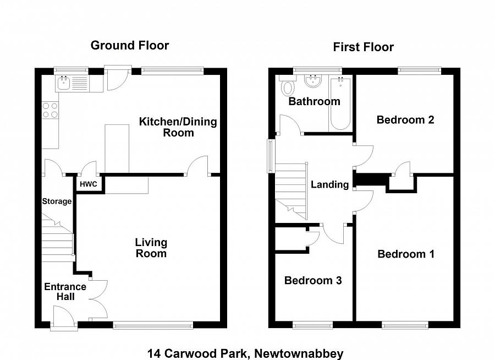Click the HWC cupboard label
coord(89,184)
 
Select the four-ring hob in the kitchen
coord(51,110)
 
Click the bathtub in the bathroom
coord(340,103)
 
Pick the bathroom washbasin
coord(313,81)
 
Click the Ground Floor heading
coord(130,46)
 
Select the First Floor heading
coord(364,47)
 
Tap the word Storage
coord(57,201)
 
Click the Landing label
coord(330,184)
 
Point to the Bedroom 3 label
coord(313,280)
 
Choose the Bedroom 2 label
coord(405,120)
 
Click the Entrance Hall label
coord(65,291)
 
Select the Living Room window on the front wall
coord(153,325)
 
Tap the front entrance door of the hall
coord(64,318)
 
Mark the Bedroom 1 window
coord(405,325)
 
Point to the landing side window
coord(271,156)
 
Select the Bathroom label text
coord(315,101)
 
